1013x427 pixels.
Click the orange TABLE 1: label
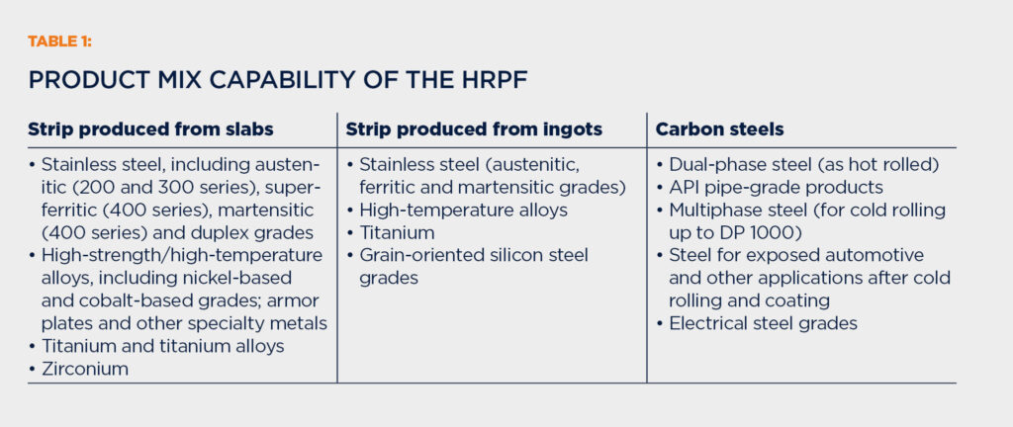pos(59,42)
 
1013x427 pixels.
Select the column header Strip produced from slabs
pos(150,129)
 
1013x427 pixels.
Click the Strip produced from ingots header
pos(474,129)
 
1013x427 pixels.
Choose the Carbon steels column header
pos(720,129)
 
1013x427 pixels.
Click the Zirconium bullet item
pos(78,369)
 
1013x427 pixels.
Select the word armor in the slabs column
pos(295,300)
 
